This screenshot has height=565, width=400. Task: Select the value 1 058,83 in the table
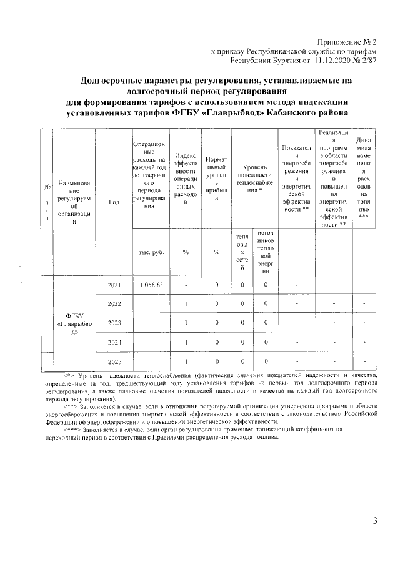147,285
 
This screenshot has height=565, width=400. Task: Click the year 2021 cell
114,285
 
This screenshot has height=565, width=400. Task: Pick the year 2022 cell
114,303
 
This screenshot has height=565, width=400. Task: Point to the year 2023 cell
114,323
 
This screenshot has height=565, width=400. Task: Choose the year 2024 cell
114,342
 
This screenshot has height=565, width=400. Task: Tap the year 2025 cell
114,361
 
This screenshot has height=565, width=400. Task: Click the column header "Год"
114,201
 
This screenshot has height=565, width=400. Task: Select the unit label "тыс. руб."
151,252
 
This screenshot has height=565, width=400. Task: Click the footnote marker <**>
66,406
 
